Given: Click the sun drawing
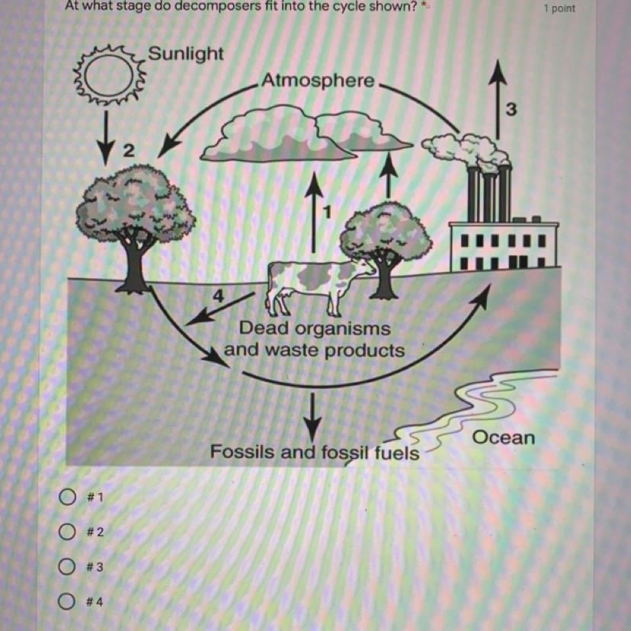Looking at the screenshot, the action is tap(109, 76).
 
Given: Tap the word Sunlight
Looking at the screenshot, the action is tap(185, 53).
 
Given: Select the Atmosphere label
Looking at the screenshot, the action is tap(318, 81).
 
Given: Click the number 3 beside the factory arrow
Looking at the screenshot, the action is tap(511, 109).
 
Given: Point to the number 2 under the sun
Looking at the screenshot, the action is tap(128, 152).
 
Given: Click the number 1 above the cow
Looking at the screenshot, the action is tap(328, 212).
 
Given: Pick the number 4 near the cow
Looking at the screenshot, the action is tap(218, 296).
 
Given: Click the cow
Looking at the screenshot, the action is tap(318, 287).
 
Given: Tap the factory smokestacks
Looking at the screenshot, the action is tap(489, 192).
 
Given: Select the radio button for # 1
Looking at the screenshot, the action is tap(67, 497).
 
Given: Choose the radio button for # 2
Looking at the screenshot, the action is tap(67, 532).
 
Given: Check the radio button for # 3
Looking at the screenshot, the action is tap(67, 567).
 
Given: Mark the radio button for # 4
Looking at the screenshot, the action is tap(66, 601).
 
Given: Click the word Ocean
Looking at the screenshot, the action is tap(504, 437).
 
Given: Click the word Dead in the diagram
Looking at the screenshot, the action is tap(264, 328).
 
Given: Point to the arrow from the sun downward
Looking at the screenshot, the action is tap(106, 138).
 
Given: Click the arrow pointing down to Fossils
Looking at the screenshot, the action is tap(312, 417).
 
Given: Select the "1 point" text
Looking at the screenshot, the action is tap(559, 8).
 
